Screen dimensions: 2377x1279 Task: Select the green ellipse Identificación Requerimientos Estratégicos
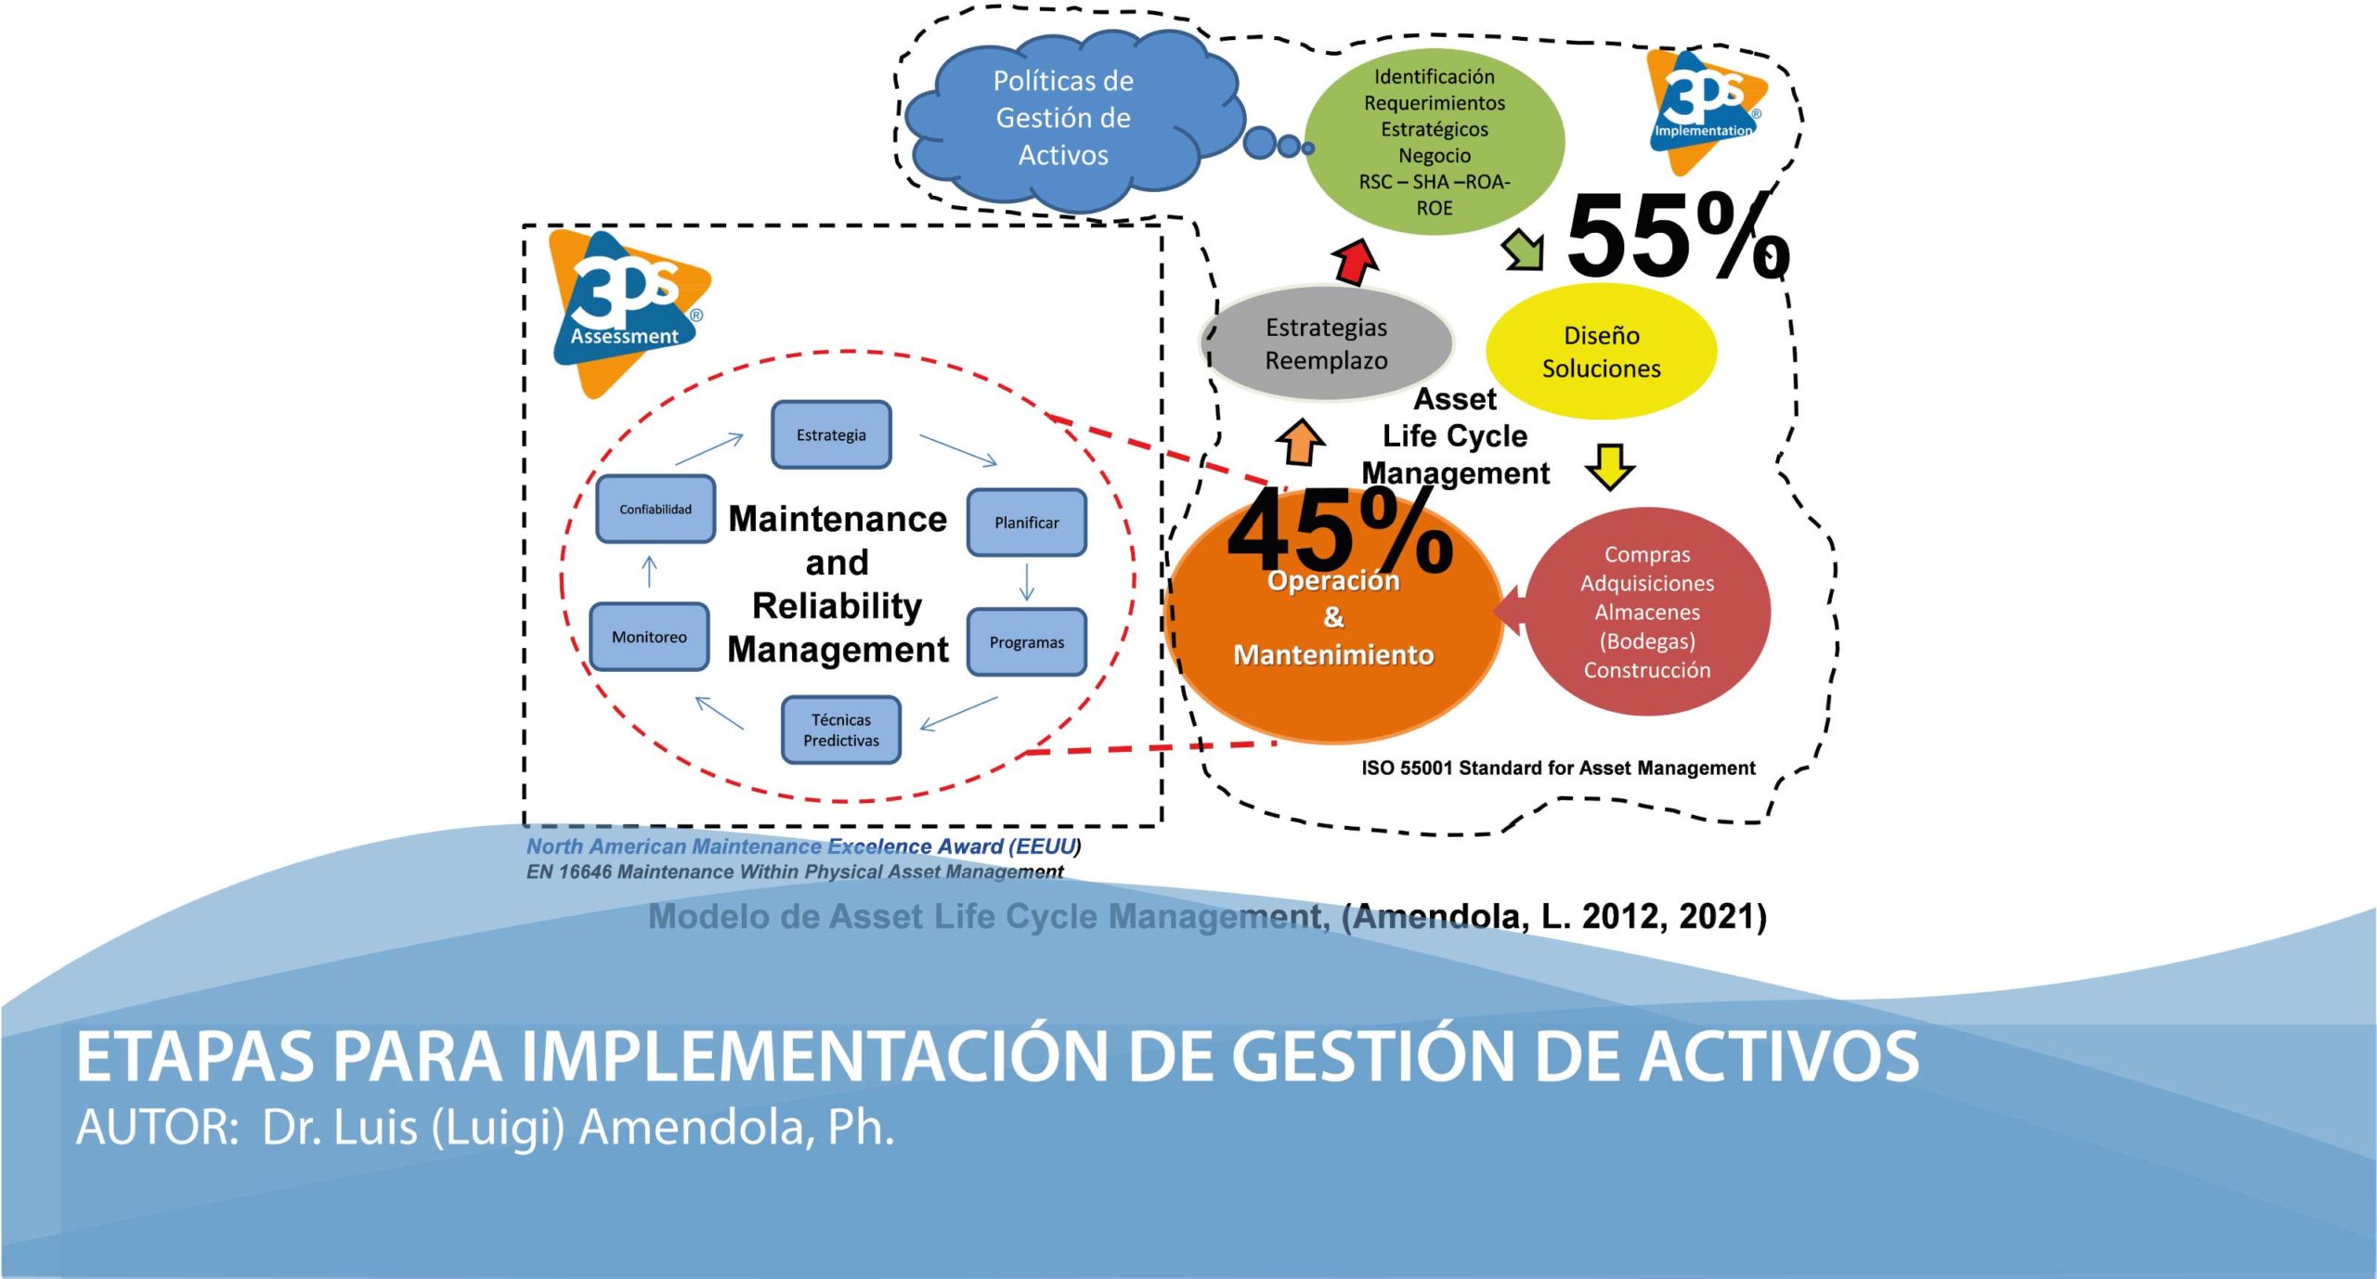[1435, 141]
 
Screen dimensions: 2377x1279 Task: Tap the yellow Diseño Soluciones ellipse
[1601, 351]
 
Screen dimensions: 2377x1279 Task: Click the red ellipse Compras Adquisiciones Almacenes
[1647, 611]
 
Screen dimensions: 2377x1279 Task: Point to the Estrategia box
[831, 434]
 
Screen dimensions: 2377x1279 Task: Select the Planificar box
[1026, 523]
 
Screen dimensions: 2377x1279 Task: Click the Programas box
[1026, 641]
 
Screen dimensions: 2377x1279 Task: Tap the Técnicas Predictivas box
[840, 730]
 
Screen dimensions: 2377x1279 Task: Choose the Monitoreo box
[649, 637]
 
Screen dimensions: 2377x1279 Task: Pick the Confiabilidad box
[656, 509]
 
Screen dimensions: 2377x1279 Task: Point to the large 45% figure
[1340, 531]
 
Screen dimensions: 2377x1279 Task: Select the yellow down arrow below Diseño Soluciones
[1610, 467]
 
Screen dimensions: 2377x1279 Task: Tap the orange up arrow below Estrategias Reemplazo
[1301, 442]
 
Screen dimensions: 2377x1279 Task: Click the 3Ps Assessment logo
[628, 313]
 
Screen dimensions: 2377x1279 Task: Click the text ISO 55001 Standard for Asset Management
[1558, 768]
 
